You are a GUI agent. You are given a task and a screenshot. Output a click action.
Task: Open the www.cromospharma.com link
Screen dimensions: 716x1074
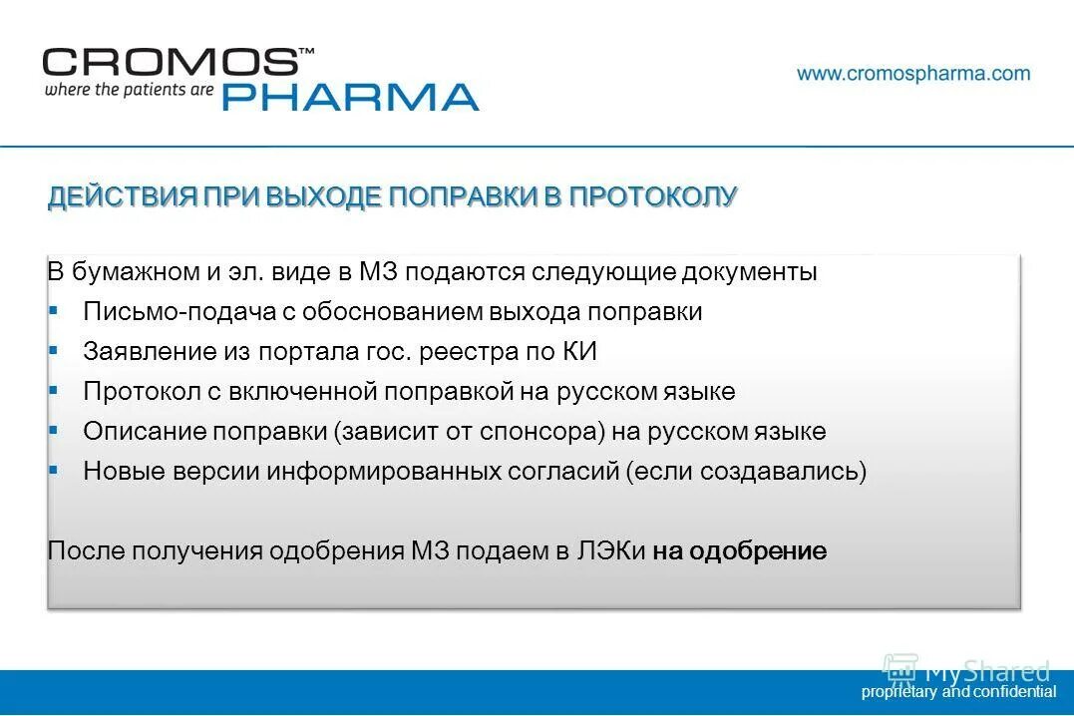(x=913, y=74)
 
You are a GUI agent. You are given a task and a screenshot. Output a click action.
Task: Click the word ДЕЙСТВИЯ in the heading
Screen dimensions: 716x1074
(x=123, y=197)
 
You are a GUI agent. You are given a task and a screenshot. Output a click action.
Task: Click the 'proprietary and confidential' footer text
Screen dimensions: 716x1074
(x=958, y=692)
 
